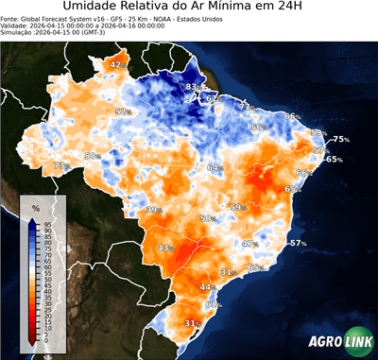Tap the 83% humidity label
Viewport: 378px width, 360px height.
[x=192, y=87]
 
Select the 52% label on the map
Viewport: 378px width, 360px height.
[x=122, y=111]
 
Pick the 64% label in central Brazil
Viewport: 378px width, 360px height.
[x=215, y=167]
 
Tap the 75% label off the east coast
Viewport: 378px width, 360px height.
[x=340, y=140]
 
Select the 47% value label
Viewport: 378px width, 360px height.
[x=249, y=244]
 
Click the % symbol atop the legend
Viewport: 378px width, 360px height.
[x=35, y=207]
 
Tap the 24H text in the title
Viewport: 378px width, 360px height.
[x=304, y=9]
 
